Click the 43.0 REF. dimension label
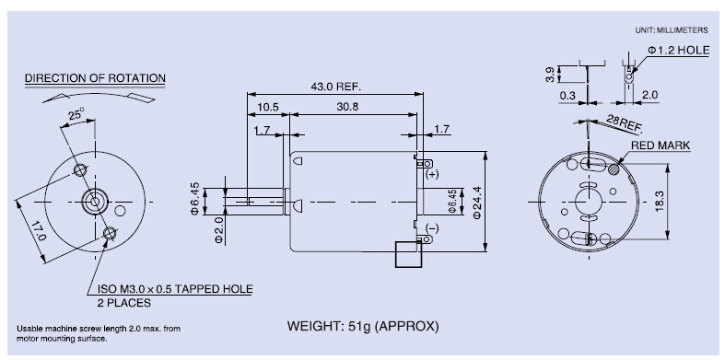(x=335, y=87)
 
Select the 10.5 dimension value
(x=268, y=107)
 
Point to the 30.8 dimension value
(x=347, y=107)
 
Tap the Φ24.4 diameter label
(x=476, y=202)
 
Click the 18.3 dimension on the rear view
(x=659, y=202)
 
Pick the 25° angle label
(x=76, y=113)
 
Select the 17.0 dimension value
(x=40, y=230)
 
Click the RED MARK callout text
(x=661, y=145)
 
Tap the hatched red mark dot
(x=614, y=169)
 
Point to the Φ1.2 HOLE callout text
(x=678, y=50)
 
